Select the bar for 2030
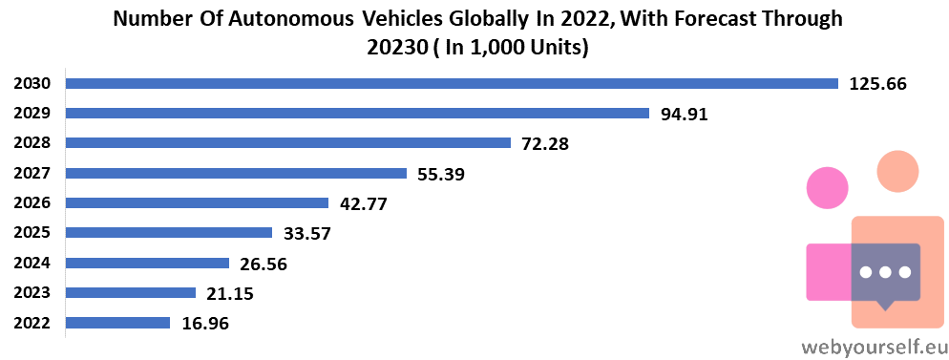coord(452,83)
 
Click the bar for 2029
coord(357,113)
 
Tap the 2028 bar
coord(288,143)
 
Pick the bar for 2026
coord(197,202)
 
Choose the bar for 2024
coord(147,263)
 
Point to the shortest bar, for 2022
coord(117,323)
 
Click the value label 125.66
coord(878,84)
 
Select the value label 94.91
coord(684,114)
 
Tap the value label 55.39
coord(441,174)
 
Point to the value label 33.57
coord(306,234)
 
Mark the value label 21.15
coord(230,293)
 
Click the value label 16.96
coord(205,324)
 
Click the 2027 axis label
coord(32,174)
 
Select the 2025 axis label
coord(32,233)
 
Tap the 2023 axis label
coord(32,293)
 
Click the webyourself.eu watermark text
coord(874,348)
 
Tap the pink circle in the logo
coord(828,188)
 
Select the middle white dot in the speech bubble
coord(885,272)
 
